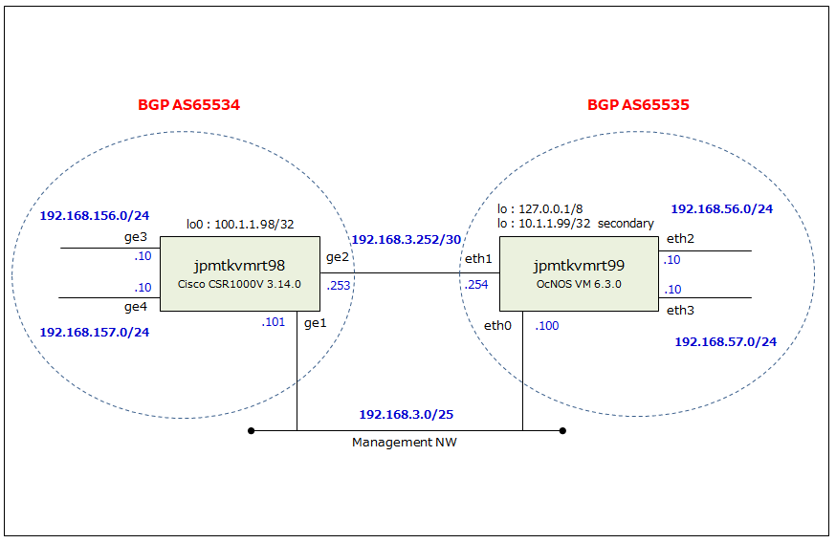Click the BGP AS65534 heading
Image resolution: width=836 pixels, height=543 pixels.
[x=188, y=104]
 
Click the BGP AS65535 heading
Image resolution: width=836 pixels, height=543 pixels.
[x=638, y=104]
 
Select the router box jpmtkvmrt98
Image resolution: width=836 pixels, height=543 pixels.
[x=240, y=274]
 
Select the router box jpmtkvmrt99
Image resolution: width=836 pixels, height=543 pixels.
[x=579, y=274]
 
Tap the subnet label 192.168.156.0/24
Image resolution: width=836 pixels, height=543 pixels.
[x=95, y=216]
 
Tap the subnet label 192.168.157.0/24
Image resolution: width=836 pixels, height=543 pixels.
[x=95, y=333]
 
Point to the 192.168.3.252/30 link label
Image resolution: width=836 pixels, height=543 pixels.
[x=407, y=240]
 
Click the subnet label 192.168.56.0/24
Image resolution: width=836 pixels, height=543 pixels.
[x=722, y=209]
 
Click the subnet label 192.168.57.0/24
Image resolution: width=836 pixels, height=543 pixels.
[x=726, y=342]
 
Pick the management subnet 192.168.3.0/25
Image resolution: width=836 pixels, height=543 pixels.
[x=407, y=415]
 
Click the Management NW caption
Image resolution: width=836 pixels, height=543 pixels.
[x=405, y=443]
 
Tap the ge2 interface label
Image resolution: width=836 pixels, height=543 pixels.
[x=338, y=257]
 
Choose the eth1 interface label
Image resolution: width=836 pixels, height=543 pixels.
[x=478, y=259]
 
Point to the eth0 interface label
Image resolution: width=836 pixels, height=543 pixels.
[x=497, y=326]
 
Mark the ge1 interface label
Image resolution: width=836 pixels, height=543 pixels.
[x=315, y=323]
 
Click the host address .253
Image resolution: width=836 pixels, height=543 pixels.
[x=339, y=286]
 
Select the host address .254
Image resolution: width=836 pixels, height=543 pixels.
[x=476, y=285]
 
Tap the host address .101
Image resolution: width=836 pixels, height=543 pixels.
[x=273, y=322]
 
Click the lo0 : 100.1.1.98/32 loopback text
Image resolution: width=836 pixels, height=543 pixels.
[x=240, y=225]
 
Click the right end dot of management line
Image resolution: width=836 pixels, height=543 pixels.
[x=562, y=430]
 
